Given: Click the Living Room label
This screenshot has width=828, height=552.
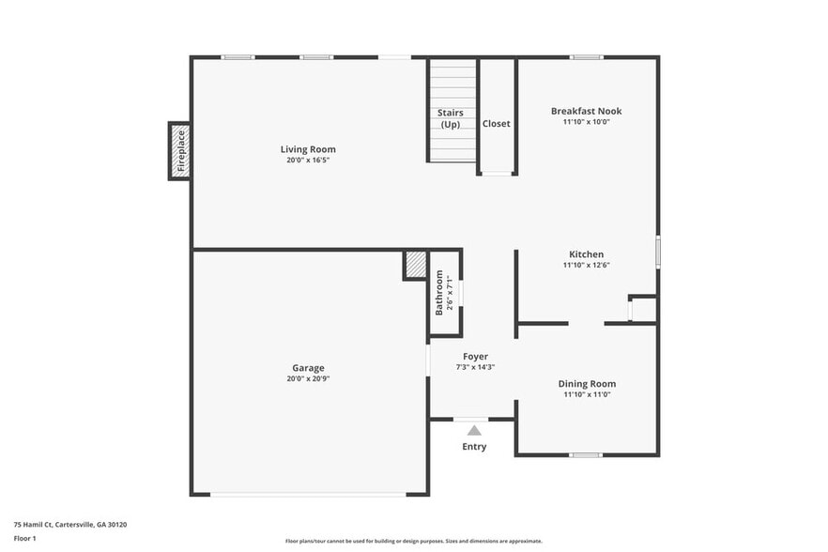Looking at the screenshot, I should (x=308, y=149).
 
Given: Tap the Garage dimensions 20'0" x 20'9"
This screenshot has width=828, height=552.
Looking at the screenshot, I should (x=308, y=379).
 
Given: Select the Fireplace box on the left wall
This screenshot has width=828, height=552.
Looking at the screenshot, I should (x=179, y=151).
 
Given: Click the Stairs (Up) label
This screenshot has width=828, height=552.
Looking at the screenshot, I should (x=451, y=118).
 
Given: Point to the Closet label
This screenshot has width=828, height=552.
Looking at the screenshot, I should (x=497, y=124).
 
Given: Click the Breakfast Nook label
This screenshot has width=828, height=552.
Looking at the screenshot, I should (x=586, y=111).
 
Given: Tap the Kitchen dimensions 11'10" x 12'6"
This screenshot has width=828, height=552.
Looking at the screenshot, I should (x=586, y=266).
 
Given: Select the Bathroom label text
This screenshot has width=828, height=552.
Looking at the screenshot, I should (x=439, y=293).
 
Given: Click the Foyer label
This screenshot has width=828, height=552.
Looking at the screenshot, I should (x=475, y=357).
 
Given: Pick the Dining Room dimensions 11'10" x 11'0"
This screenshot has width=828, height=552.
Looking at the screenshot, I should (x=587, y=395).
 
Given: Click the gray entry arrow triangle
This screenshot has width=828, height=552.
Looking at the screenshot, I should (x=475, y=430).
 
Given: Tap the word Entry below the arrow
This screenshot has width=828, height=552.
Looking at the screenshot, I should (x=474, y=447).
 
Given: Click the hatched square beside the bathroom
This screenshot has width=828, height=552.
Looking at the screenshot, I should (x=415, y=265).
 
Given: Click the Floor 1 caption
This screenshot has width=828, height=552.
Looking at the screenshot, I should (x=25, y=538).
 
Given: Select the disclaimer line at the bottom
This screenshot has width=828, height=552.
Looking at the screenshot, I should (x=414, y=542).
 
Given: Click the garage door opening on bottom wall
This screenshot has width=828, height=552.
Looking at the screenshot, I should (x=308, y=494).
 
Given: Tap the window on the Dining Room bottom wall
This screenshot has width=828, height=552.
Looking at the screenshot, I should (x=586, y=455).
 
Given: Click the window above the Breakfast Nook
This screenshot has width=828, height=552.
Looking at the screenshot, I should (x=587, y=57).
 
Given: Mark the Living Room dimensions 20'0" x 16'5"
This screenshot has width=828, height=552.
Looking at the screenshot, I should (x=308, y=161).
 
